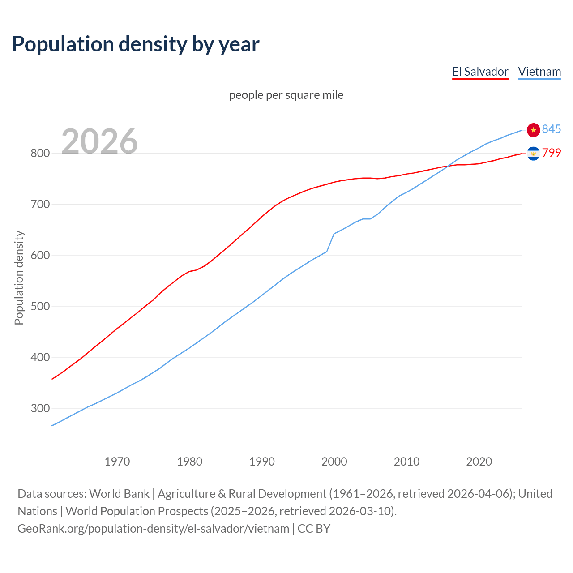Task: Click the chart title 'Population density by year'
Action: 136,44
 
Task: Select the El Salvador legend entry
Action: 480,72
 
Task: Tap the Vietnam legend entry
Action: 539,72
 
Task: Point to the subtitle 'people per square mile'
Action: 286,95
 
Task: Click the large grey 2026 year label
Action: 99,141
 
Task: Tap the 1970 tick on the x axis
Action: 117,462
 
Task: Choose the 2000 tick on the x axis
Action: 334,462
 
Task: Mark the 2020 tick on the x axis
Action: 479,462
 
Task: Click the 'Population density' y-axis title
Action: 19,278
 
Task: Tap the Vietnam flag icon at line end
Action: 533,130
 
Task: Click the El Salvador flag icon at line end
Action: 533,154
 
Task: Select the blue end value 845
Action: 552,129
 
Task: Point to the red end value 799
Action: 552,153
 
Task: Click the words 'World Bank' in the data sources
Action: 119,493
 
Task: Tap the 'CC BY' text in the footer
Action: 314,528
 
